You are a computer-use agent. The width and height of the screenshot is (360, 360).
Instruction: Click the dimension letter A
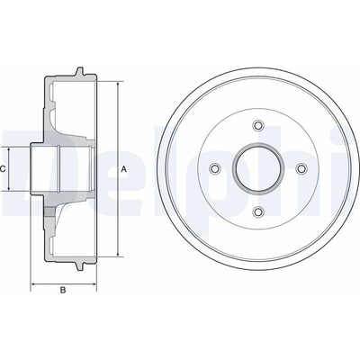pos(123,169)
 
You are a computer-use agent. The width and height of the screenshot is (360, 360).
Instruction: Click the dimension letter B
pos(63,290)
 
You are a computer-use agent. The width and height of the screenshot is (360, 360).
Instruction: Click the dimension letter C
pos(2,169)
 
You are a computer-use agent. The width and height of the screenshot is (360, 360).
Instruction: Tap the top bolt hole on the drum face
pos(258,125)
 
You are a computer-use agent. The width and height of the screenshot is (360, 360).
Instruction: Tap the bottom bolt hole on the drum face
pos(258,212)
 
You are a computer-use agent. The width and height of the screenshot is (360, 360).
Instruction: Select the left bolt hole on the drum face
pos(215,168)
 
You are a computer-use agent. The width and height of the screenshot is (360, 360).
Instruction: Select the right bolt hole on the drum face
pos(301,168)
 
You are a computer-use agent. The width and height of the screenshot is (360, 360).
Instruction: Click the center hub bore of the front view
pos(258,168)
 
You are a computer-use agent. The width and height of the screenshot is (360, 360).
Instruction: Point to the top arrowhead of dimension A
pos(118,84)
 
